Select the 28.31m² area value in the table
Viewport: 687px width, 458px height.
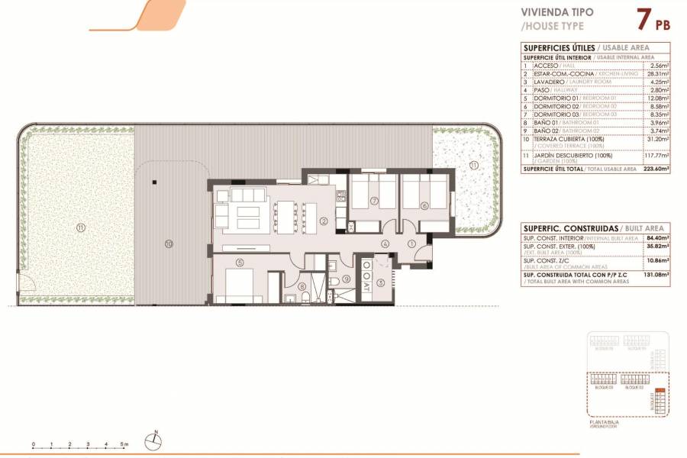pos(657,74)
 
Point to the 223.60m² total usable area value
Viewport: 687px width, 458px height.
pos(655,169)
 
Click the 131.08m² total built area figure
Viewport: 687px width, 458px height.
pos(656,275)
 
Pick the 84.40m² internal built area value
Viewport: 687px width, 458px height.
pos(656,239)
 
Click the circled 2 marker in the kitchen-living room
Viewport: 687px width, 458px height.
pos(324,221)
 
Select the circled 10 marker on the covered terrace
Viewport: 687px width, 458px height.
pos(169,244)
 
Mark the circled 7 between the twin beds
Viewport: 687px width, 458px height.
pos(374,202)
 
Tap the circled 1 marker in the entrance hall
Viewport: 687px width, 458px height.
pos(411,244)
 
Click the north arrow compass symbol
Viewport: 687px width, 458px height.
pos(155,439)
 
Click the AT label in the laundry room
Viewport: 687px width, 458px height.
pos(367,286)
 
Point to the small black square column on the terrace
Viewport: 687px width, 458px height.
pos(153,182)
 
